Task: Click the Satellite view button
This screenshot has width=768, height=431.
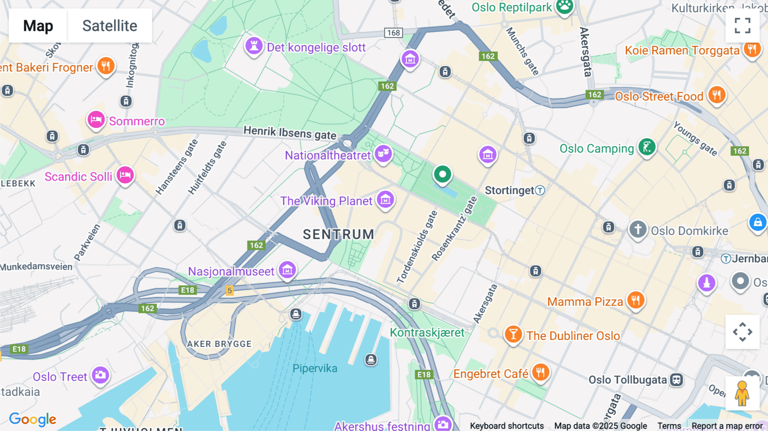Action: point(110,26)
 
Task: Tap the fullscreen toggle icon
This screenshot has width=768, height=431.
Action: point(742,26)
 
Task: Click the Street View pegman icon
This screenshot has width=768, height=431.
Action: point(742,393)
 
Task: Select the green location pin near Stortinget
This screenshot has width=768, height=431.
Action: point(442,175)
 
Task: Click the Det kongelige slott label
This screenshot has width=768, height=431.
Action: point(316,47)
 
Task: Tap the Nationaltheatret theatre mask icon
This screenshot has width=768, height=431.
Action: point(383,153)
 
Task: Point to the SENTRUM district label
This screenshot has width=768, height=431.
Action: point(338,234)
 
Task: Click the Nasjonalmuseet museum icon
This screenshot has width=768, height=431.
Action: point(288,270)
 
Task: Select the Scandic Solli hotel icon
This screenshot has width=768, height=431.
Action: point(125,175)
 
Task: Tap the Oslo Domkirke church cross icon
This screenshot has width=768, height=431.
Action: point(638,229)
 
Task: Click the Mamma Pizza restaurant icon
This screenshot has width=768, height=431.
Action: point(636,300)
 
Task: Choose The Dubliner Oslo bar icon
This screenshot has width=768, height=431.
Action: point(513,334)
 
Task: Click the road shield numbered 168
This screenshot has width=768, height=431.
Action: point(393,33)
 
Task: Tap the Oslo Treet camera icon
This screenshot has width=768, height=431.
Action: point(101,375)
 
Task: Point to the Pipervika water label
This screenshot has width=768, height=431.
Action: point(315,368)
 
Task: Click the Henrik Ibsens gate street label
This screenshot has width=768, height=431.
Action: point(290,132)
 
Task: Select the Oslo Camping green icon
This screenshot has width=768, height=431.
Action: point(647,147)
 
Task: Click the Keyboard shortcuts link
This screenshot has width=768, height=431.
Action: point(506,425)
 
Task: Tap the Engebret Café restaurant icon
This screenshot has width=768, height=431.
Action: point(540,373)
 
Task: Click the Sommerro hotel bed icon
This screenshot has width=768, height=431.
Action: point(96,119)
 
